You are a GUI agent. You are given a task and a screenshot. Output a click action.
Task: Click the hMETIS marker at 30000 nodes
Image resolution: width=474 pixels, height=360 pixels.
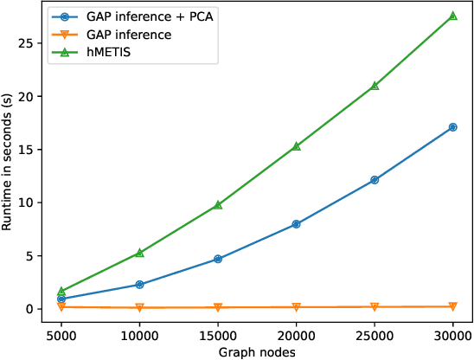(452, 16)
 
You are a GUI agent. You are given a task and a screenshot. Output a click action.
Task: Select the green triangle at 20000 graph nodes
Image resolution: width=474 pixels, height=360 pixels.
(296, 146)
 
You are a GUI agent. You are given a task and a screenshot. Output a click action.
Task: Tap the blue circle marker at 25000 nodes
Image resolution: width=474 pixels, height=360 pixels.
(375, 180)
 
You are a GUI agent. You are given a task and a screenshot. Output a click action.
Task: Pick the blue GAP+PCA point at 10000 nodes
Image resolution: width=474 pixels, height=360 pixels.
(139, 285)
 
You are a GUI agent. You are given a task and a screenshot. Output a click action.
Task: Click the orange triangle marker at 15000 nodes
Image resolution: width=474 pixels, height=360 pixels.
(218, 307)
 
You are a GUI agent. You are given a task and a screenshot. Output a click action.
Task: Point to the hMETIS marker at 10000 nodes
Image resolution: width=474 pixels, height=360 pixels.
(139, 253)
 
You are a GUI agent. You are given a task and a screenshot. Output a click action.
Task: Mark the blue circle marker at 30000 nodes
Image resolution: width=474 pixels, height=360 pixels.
(452, 127)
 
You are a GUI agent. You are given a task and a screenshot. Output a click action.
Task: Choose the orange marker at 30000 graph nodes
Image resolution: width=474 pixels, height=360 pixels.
(452, 306)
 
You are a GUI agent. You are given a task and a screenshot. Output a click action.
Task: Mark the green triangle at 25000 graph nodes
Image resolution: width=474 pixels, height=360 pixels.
(375, 86)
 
